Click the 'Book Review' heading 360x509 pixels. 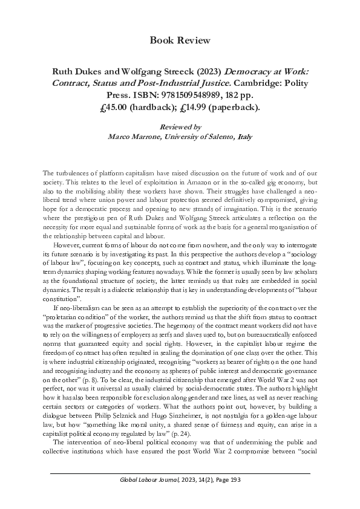click(x=180, y=41)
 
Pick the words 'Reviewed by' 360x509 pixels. click(x=180, y=128)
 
